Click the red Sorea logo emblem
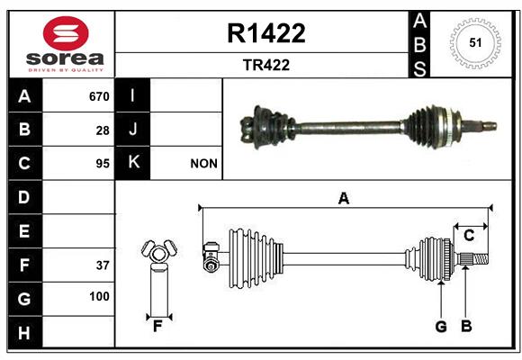[x=66, y=33]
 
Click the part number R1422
[x=266, y=33]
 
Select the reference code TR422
[x=266, y=65]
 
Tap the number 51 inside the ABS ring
[x=475, y=43]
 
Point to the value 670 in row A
[x=99, y=96]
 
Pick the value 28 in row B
[x=103, y=130]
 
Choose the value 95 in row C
[x=103, y=164]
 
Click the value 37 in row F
[x=103, y=265]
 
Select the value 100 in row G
[x=99, y=296]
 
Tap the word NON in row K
[x=203, y=164]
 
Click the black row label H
[x=25, y=332]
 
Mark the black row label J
[x=132, y=129]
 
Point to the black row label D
[x=25, y=197]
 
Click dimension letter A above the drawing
[x=344, y=199]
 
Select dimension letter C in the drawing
[x=469, y=236]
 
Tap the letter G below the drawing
[x=441, y=327]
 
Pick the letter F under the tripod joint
[x=157, y=327]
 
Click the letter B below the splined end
[x=466, y=326]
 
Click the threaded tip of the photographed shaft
[x=490, y=127]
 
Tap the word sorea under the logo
[x=65, y=58]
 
